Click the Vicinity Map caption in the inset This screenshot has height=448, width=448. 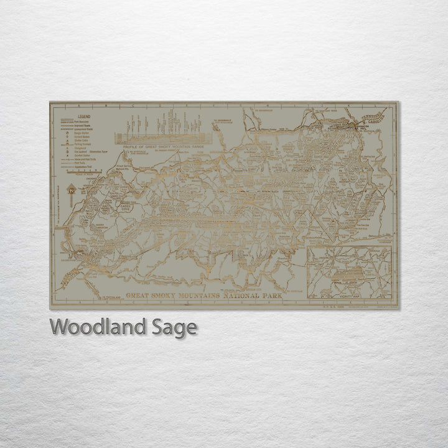pyautogui.click(x=356, y=279)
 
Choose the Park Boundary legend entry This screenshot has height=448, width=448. pyautogui.click(x=84, y=121)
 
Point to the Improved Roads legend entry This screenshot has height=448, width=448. pyautogui.click(x=85, y=125)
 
